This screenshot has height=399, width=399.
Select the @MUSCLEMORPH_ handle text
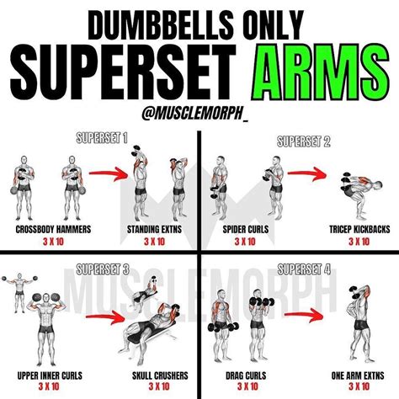tap(199, 107)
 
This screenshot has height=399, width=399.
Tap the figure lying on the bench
tap(160, 324)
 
